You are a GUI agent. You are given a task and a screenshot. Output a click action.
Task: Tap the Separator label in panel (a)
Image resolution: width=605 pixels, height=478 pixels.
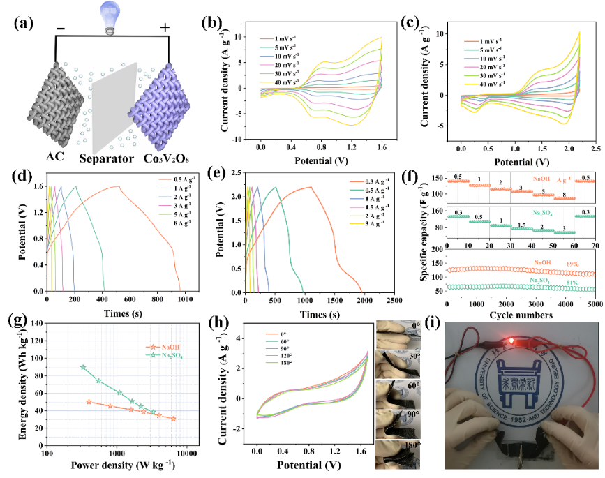point(107,159)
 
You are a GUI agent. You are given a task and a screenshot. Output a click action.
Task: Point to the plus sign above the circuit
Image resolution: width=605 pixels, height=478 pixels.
point(165,28)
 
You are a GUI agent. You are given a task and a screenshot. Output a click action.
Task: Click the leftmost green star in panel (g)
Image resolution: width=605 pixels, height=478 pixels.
point(83,367)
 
